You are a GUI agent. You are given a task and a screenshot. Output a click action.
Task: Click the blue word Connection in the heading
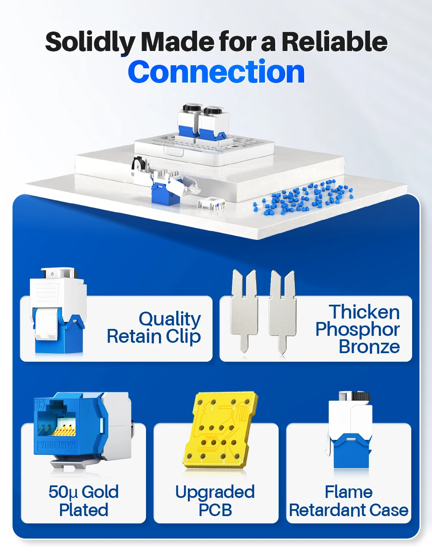point(216,72)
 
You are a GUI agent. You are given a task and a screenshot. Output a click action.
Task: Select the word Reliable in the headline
point(334,42)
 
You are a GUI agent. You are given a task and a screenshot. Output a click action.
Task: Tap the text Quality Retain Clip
point(154,328)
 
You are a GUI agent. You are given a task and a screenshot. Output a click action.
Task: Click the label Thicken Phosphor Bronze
point(358,329)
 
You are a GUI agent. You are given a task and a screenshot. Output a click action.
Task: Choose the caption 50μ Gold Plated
point(83,501)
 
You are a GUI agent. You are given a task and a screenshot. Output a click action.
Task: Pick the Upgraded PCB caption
point(215,501)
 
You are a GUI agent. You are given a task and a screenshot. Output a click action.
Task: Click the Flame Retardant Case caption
point(349,501)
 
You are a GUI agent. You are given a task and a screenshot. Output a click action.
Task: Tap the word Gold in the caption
point(100,492)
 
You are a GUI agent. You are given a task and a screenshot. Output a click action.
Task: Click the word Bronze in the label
point(369,347)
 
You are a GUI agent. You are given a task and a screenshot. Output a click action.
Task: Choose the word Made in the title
point(178,42)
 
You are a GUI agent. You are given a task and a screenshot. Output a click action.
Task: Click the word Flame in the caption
point(349,492)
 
